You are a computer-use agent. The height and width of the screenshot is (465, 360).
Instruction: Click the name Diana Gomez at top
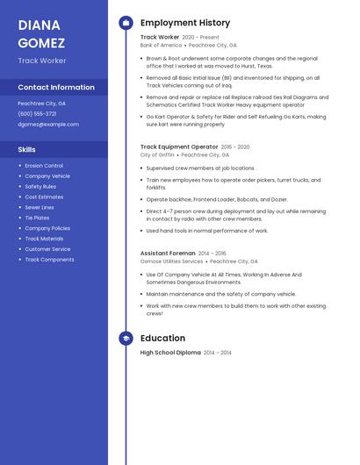[x=40, y=32]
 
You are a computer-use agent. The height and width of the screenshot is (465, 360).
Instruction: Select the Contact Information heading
[x=56, y=88]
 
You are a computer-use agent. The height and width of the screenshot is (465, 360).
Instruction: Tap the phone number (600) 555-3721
[x=37, y=114]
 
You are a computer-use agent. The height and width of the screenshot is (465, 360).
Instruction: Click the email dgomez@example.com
[x=48, y=125]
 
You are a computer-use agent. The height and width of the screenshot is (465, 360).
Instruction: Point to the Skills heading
[x=26, y=149]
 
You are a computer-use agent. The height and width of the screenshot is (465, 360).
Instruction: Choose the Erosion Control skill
[x=44, y=166]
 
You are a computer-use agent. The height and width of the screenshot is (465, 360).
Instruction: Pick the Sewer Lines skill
[x=40, y=207]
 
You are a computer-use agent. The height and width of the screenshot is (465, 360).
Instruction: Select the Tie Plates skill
[x=37, y=218]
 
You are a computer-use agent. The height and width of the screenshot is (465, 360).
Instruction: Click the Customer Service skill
[x=47, y=249]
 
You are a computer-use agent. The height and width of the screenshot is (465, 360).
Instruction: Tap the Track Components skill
[x=49, y=260]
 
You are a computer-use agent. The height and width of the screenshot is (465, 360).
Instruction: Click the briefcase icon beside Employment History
[x=126, y=23]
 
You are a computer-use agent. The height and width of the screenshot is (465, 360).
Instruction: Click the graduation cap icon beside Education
[x=126, y=338]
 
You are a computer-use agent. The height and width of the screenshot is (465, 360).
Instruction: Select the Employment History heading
[x=185, y=23]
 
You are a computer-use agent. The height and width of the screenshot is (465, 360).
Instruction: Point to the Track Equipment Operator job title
[x=179, y=147]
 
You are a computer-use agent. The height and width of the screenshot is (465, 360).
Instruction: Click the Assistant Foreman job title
[x=168, y=253]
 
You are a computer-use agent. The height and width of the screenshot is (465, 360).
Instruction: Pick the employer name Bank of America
[x=161, y=45]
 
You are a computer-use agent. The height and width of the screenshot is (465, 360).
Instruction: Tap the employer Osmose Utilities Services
[x=171, y=261]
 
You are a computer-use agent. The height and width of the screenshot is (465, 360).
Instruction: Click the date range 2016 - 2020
[x=235, y=147]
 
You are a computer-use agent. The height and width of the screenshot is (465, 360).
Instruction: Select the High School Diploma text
[x=170, y=352]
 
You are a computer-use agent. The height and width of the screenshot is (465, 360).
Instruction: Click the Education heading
[x=162, y=338]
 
